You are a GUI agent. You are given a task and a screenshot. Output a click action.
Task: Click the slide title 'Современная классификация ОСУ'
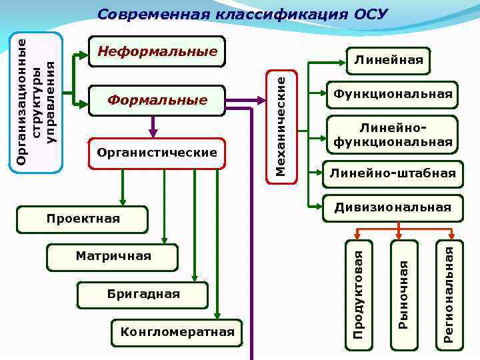tap(242, 14)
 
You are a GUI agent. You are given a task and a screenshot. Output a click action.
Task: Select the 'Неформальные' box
tap(158, 51)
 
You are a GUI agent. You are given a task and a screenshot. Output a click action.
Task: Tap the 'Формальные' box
tap(158, 100)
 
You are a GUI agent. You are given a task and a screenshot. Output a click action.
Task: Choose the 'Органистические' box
tap(157, 153)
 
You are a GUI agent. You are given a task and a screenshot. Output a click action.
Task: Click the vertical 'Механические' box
tap(281, 123)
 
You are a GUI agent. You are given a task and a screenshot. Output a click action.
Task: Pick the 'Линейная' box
tap(388, 61)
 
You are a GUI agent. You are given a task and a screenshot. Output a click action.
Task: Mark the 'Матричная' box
tap(113, 256)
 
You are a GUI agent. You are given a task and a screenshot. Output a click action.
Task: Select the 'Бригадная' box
tap(144, 294)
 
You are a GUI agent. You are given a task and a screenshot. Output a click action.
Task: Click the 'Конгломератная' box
tap(177, 332)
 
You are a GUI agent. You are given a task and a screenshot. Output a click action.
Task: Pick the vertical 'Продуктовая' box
tap(358, 293)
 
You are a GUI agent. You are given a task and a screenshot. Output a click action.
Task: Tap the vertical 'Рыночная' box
tap(403, 293)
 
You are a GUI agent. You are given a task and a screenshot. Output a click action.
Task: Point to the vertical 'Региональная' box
tap(449, 293)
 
